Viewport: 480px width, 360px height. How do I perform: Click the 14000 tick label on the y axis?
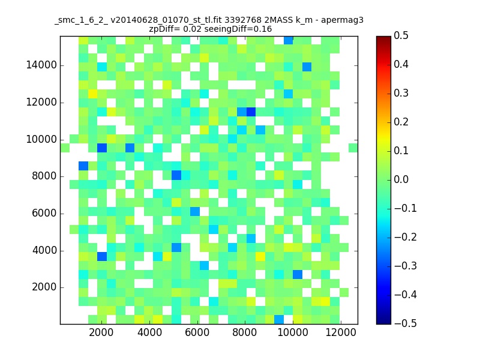(41, 65)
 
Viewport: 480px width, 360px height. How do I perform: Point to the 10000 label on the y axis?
(41, 140)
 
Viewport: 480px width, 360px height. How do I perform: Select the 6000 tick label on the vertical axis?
(44, 214)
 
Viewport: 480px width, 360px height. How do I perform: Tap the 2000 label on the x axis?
(101, 332)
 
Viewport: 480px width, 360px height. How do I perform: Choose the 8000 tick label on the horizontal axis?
(245, 332)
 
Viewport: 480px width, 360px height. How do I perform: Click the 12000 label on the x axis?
(340, 332)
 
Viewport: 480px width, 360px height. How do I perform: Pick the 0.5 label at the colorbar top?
(401, 36)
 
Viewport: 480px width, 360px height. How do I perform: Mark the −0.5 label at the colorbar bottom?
(406, 323)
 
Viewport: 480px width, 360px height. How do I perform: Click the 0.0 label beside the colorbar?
(401, 179)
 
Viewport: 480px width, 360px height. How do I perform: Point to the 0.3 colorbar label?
(401, 94)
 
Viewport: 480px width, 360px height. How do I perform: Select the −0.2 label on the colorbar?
(406, 237)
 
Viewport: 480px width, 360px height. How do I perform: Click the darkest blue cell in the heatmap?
(251, 112)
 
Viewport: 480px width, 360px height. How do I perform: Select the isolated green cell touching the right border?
(353, 148)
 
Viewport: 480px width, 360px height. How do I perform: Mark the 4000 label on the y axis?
(44, 251)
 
